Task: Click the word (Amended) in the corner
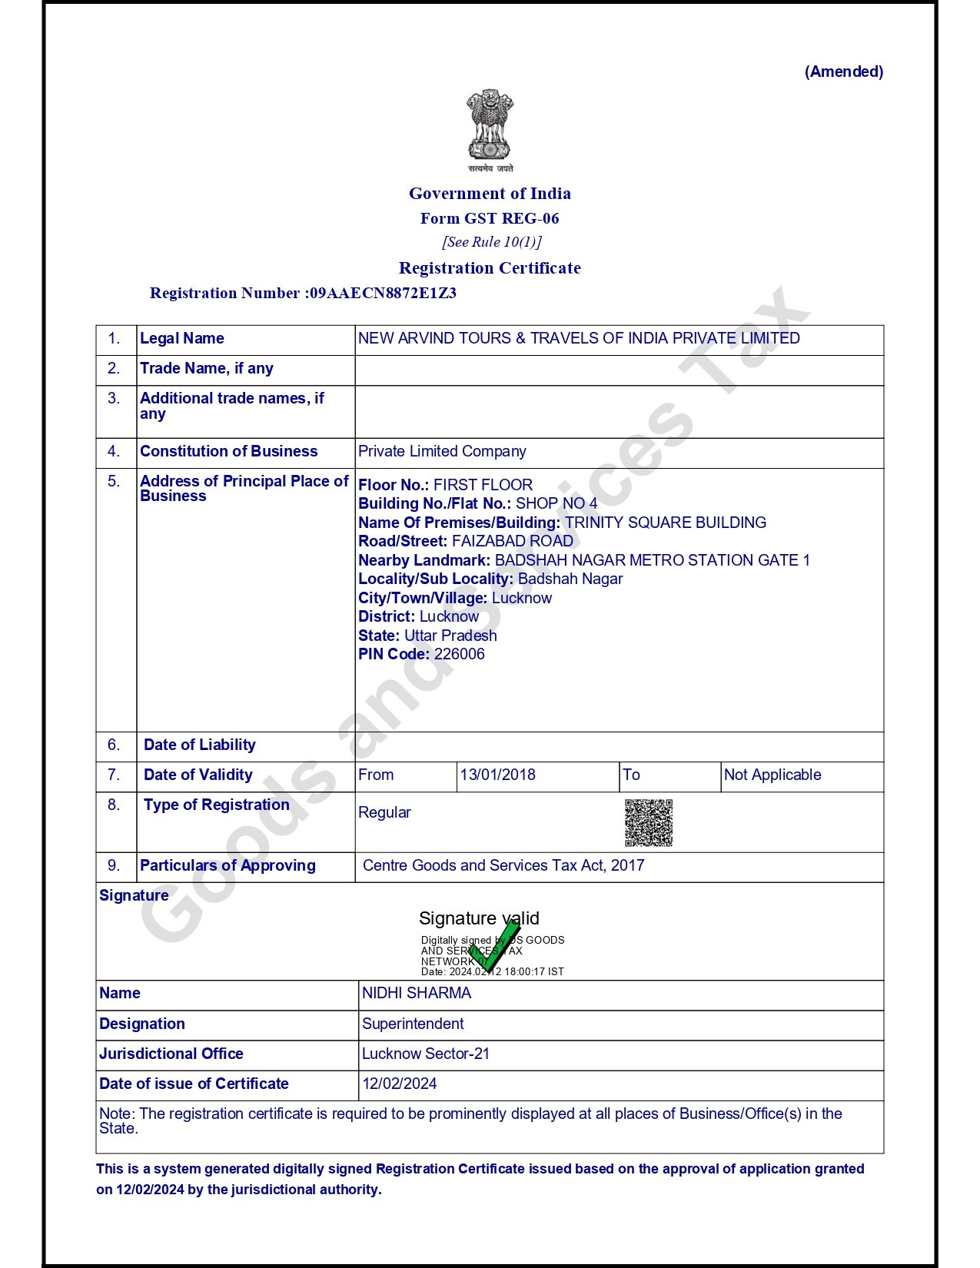click(843, 71)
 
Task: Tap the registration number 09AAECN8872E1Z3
click(383, 293)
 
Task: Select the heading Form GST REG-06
click(490, 218)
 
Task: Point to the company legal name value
click(579, 338)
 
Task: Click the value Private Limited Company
click(442, 451)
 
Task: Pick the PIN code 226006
click(459, 654)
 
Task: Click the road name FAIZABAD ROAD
click(512, 541)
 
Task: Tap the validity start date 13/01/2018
click(497, 775)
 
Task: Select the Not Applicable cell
click(772, 775)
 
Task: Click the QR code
click(649, 822)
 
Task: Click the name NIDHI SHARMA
click(417, 993)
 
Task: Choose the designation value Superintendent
click(413, 1024)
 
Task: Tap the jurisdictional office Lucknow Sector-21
click(426, 1054)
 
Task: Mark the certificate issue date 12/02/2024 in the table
click(400, 1084)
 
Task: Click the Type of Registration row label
click(216, 805)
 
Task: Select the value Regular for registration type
click(384, 812)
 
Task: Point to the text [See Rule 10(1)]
click(491, 242)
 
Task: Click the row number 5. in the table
click(114, 481)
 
